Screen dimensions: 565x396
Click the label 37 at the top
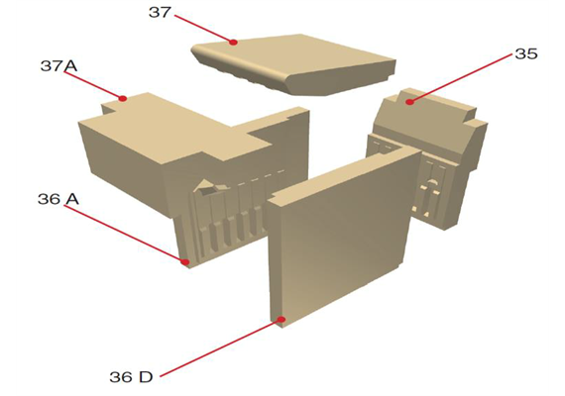[160, 13]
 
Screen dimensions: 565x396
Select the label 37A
[59, 66]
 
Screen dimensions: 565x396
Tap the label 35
[526, 54]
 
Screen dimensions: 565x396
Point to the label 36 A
[58, 199]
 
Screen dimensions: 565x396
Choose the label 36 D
[131, 377]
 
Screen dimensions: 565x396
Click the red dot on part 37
[234, 43]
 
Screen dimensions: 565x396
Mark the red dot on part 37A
[123, 98]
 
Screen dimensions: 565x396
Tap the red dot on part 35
[409, 102]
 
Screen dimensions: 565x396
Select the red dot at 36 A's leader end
[185, 262]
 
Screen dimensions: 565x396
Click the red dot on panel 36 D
[282, 320]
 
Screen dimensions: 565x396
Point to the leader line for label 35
[461, 78]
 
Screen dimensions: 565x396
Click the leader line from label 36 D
[220, 347]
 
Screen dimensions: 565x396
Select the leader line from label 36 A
[125, 234]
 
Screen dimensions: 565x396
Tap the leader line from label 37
[204, 29]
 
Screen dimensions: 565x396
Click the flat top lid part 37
[295, 63]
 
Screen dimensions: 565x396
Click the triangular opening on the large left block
[208, 187]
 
